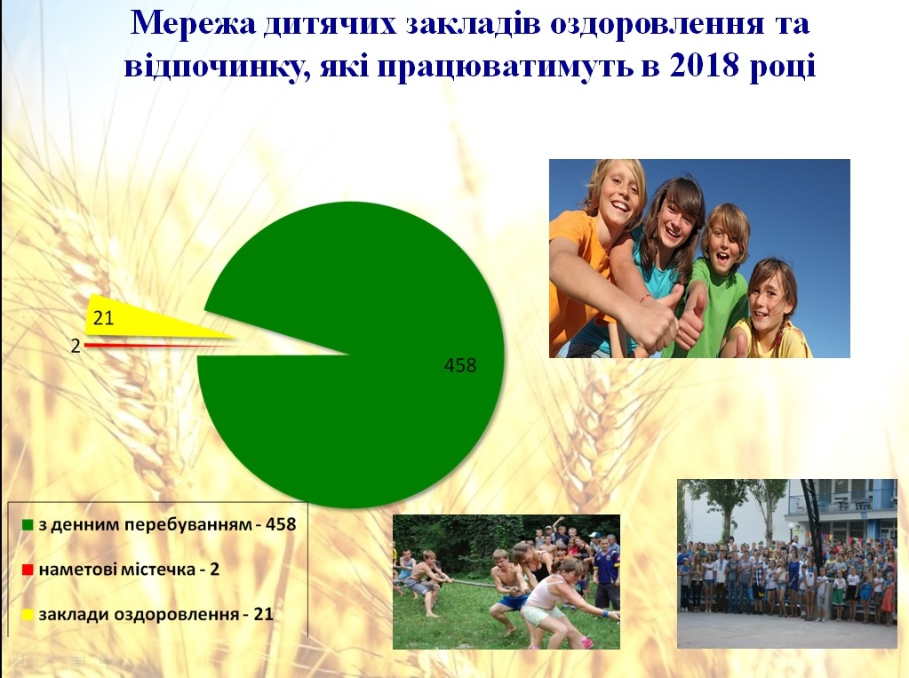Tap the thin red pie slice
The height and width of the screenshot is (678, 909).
click(x=156, y=346)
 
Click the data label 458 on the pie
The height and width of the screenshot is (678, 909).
click(x=459, y=365)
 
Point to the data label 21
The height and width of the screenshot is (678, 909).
click(x=103, y=318)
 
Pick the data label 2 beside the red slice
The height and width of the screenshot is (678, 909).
click(x=76, y=347)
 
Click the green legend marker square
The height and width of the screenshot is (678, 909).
click(x=27, y=525)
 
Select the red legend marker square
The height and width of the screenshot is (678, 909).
click(x=27, y=570)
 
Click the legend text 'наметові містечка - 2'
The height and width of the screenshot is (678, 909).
click(x=129, y=570)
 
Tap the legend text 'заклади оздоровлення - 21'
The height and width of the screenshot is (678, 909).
click(x=155, y=615)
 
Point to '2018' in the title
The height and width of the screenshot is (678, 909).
click(x=704, y=65)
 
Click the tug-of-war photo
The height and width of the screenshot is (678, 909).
click(x=506, y=582)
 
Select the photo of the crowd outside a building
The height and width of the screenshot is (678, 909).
click(x=786, y=563)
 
